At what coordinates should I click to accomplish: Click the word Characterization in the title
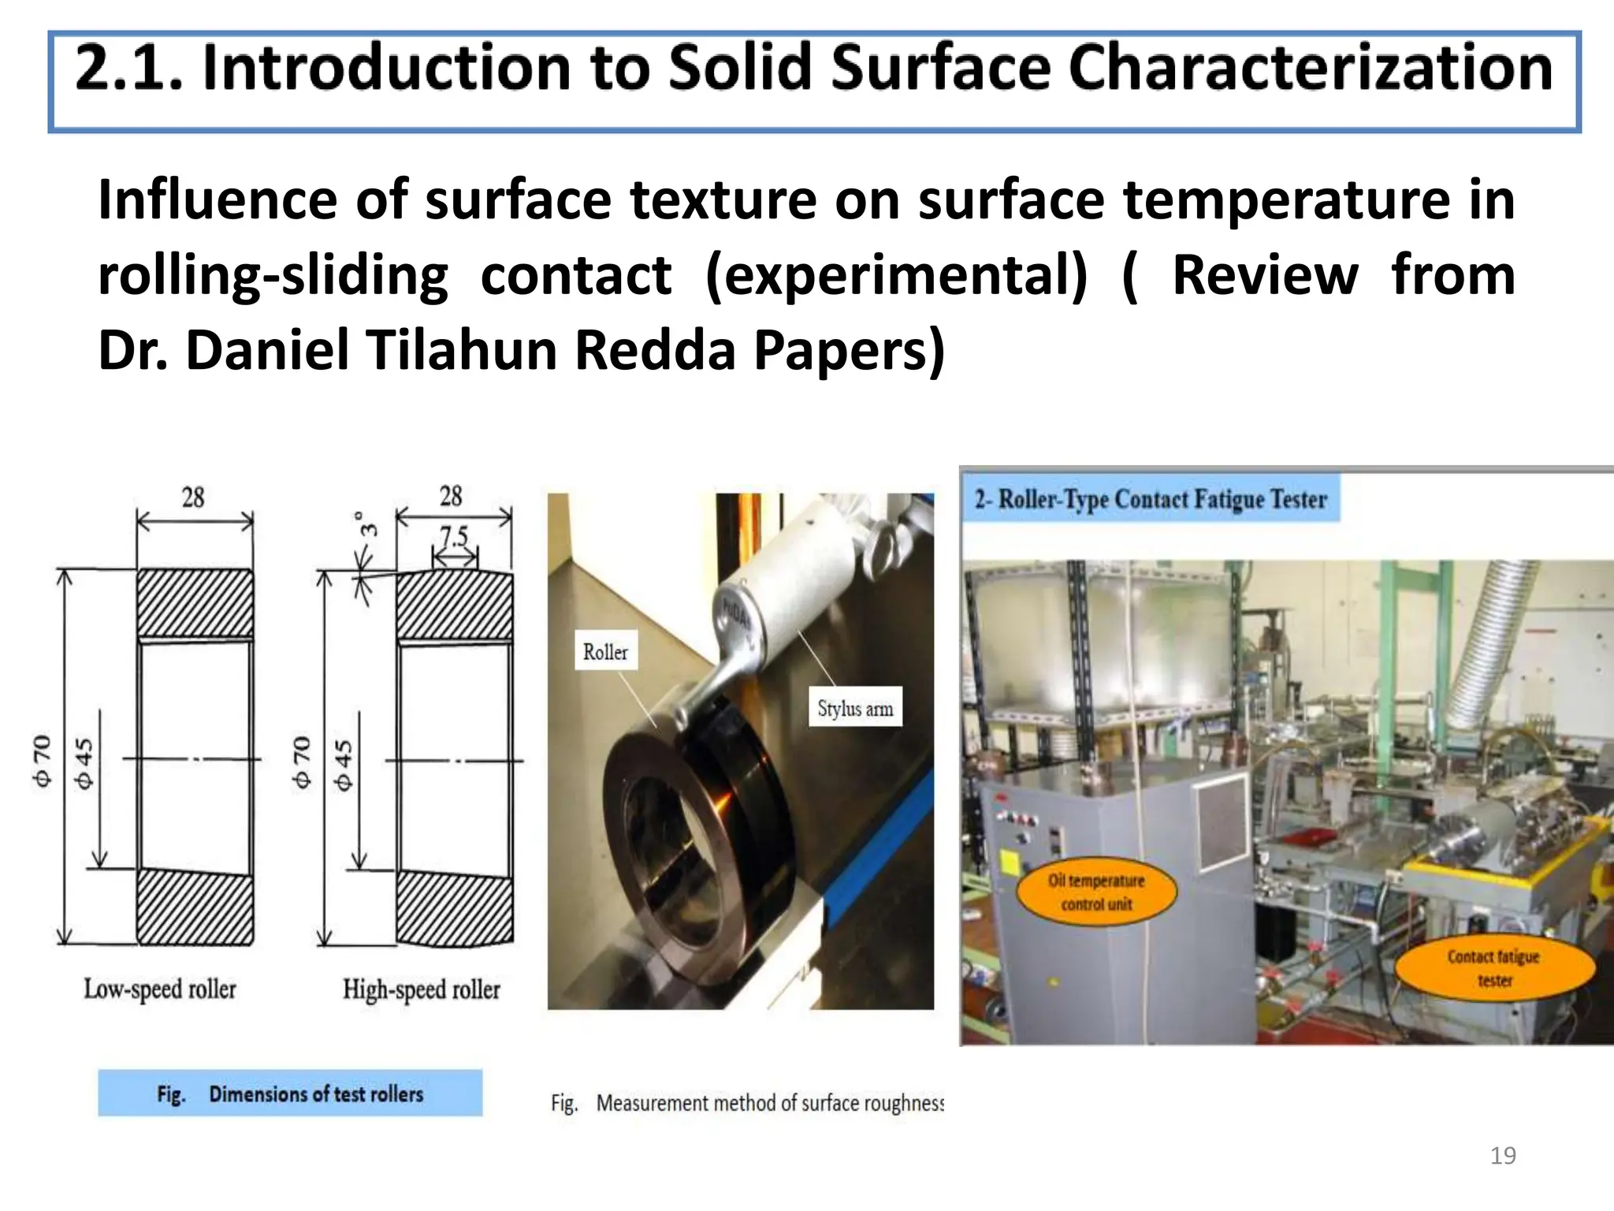(x=1309, y=69)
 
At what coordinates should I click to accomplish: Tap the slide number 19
(x=1503, y=1156)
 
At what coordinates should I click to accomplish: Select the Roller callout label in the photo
(x=605, y=652)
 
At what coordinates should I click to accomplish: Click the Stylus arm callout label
(x=855, y=708)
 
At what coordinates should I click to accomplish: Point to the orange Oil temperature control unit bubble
(x=1096, y=892)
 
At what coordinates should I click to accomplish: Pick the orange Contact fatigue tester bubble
(x=1493, y=968)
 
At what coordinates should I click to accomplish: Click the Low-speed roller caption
(x=160, y=989)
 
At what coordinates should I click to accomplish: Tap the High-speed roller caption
(x=421, y=989)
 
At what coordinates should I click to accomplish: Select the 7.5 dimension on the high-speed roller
(x=454, y=537)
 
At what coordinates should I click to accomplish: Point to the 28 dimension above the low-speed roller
(x=193, y=497)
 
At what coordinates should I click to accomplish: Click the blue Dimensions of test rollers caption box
(x=289, y=1093)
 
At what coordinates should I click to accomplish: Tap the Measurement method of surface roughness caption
(x=746, y=1102)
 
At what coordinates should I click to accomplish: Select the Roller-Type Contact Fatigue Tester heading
(x=1151, y=499)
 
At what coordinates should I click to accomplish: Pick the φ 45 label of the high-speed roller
(x=343, y=765)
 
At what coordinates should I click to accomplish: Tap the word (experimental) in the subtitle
(x=895, y=275)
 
